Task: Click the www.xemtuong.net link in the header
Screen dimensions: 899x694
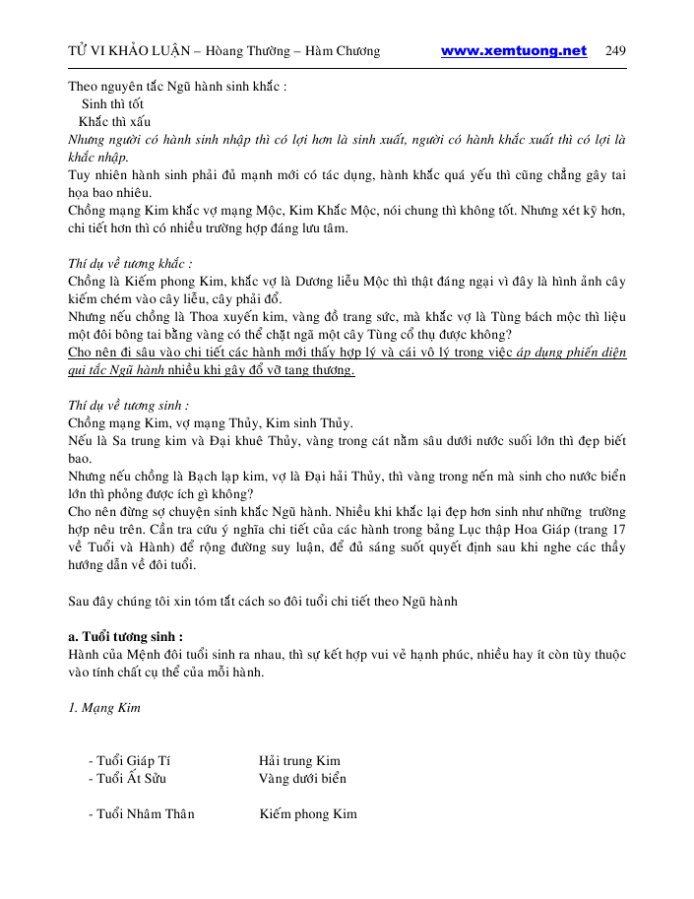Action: click(x=513, y=51)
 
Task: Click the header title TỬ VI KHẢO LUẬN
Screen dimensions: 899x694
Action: click(x=126, y=51)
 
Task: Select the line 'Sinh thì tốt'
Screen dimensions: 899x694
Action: click(x=112, y=103)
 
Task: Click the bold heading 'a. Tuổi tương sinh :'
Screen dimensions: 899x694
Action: click(x=125, y=636)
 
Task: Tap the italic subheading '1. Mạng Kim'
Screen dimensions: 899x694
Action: click(x=105, y=708)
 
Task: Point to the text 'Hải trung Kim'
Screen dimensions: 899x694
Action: click(x=299, y=761)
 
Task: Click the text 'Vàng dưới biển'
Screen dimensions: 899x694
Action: click(x=302, y=779)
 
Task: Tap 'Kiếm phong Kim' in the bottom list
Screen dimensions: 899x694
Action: click(x=308, y=814)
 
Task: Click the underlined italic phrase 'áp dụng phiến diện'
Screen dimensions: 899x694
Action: click(x=572, y=353)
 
